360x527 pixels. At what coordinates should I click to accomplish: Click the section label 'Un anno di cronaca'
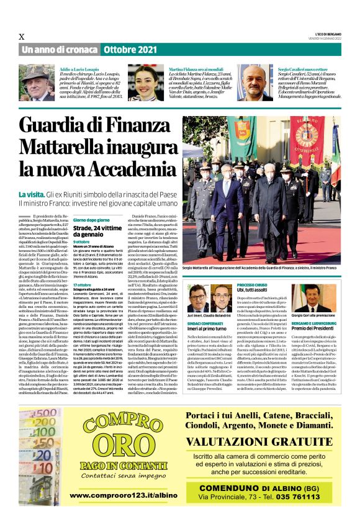[x=60, y=50]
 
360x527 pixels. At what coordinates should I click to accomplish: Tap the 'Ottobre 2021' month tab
[x=130, y=50]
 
